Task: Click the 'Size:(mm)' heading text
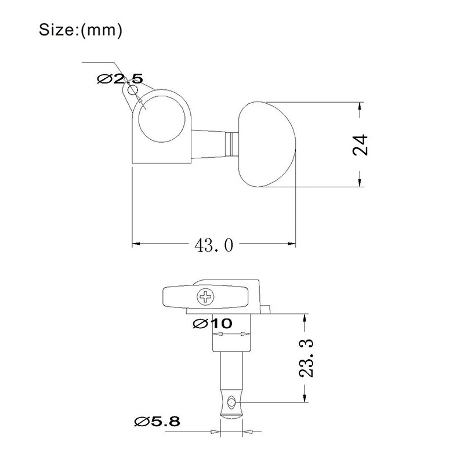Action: point(81,30)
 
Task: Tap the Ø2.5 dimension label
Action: point(120,79)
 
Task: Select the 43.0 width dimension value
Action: point(213,245)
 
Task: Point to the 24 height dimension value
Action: point(360,145)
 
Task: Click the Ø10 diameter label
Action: point(212,324)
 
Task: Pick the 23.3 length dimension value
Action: point(306,358)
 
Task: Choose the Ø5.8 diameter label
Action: point(157,422)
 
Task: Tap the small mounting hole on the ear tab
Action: point(132,90)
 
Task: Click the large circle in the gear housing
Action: point(162,119)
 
